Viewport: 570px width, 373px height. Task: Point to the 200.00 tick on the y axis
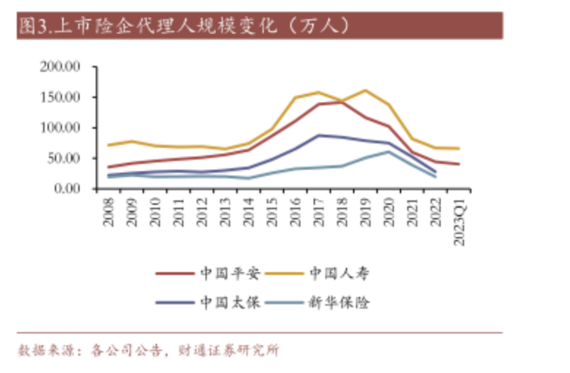(60, 67)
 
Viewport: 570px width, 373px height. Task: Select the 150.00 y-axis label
(60, 97)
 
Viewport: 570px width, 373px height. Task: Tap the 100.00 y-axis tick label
(60, 128)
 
